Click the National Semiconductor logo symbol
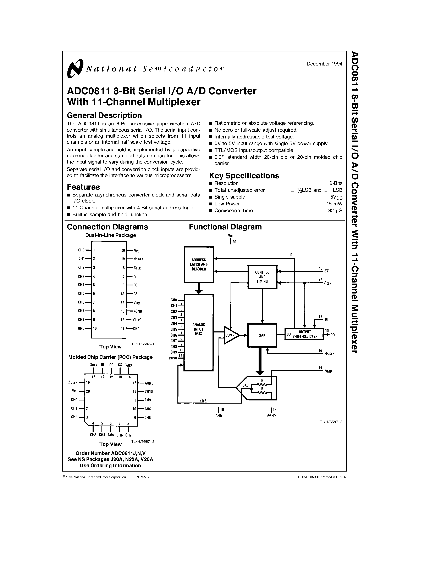click(x=75, y=68)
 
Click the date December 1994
click(x=324, y=64)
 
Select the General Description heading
click(x=104, y=115)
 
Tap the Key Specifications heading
click(x=244, y=176)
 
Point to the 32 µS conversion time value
click(x=335, y=211)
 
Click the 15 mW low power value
click(x=334, y=204)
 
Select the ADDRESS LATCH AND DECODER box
click(x=199, y=264)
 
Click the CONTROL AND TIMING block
click(x=262, y=277)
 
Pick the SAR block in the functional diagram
click(x=262, y=336)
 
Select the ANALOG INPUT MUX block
click(x=199, y=330)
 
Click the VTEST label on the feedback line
click(x=204, y=401)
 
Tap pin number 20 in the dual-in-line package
click(x=123, y=251)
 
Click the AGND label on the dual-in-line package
click(x=138, y=311)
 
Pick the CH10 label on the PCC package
click(x=149, y=392)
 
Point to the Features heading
click(x=83, y=187)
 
